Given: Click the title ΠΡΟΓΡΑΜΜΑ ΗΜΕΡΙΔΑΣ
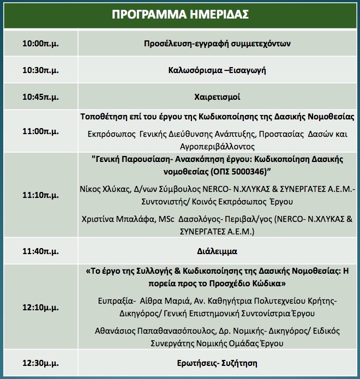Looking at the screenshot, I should coord(180,15).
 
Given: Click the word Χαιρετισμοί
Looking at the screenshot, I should coord(217,98).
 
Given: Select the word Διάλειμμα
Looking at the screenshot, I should coord(217,252).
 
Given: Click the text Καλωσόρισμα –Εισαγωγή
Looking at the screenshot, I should coord(217,70).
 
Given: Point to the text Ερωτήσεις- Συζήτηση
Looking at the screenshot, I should coord(217,363).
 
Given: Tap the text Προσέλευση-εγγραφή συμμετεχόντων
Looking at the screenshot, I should coord(217,43).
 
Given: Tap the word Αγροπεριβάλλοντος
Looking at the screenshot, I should coord(217,147).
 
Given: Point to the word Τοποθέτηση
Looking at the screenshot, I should coord(102,117).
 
